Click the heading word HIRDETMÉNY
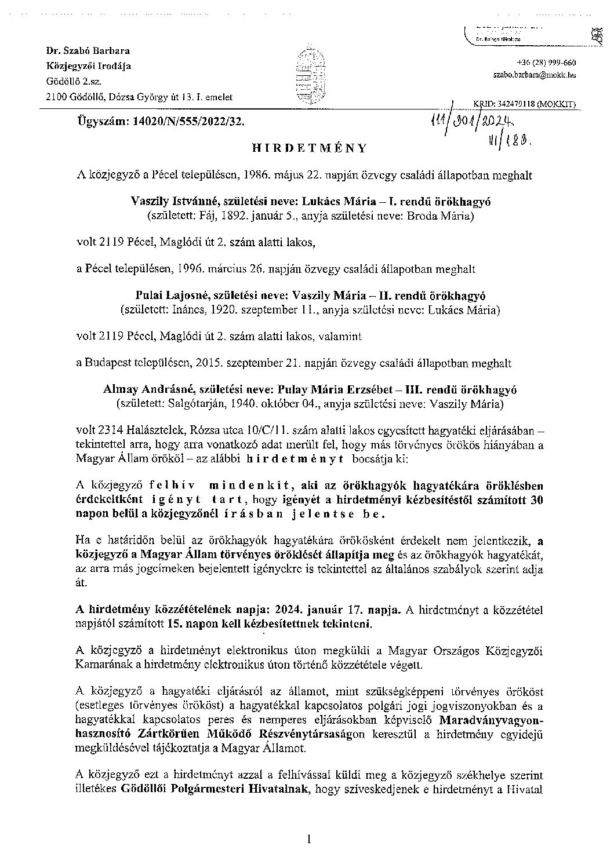310,148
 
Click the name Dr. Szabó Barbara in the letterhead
88,51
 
